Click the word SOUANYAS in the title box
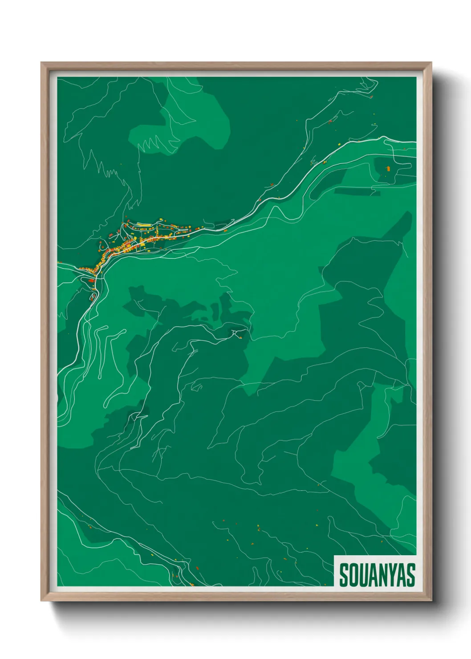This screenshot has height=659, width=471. pos(377,575)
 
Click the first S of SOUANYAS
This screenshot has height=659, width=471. pos(344,575)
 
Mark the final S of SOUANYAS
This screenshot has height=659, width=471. pos(410,575)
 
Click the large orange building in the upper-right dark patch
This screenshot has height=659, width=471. pos(388,169)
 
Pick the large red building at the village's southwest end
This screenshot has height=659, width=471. pos(91,281)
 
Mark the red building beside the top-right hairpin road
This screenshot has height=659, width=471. pos(330,120)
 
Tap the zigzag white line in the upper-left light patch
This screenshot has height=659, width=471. pos(151,143)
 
